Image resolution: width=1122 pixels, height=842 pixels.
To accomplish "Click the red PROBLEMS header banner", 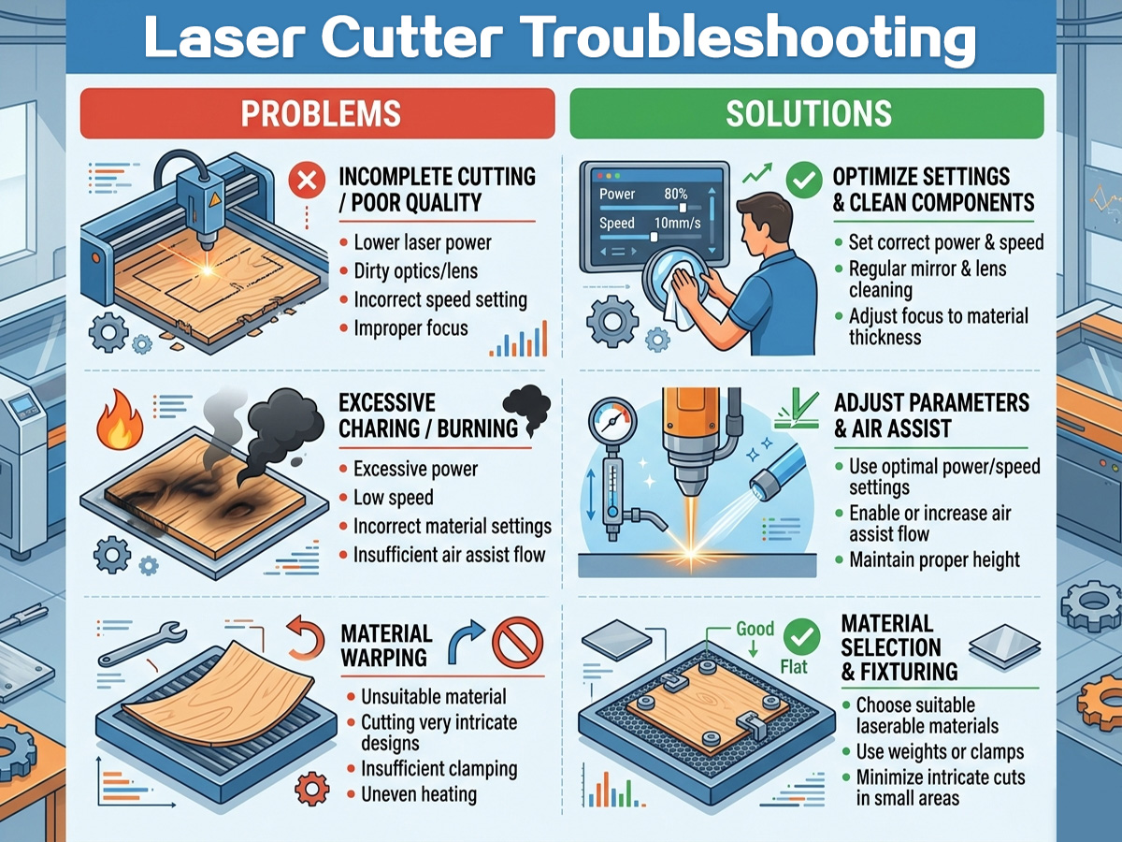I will [x=321, y=113].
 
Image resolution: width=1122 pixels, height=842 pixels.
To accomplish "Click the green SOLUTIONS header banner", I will [x=807, y=113].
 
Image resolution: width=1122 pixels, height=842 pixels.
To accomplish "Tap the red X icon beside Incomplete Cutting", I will [x=305, y=182].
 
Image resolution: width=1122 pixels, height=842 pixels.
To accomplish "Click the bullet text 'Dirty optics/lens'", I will [x=415, y=271].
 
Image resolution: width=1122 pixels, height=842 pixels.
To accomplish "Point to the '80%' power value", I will [x=676, y=194].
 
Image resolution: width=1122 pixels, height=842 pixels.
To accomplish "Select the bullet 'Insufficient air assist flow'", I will [x=449, y=555].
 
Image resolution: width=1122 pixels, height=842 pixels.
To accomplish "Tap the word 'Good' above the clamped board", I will [x=755, y=629].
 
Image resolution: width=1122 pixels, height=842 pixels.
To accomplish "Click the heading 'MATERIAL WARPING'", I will [x=387, y=646].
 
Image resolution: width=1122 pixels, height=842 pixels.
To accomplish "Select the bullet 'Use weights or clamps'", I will [x=940, y=752].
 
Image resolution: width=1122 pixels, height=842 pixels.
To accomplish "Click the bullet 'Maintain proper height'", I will [x=934, y=560].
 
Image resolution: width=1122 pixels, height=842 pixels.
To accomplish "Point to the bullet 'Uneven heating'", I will [x=419, y=794].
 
